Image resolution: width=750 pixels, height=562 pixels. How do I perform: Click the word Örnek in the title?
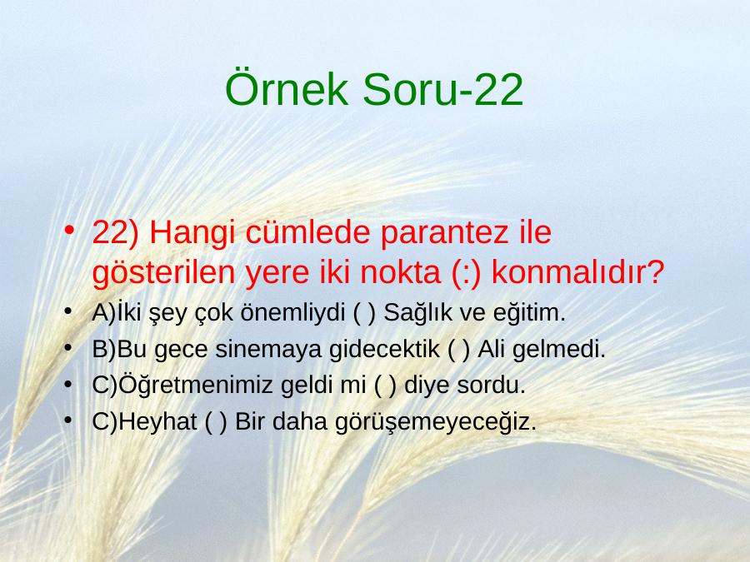click(x=286, y=88)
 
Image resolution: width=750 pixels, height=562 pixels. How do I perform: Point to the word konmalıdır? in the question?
click(x=577, y=271)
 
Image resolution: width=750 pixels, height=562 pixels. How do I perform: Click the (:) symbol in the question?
click(x=466, y=273)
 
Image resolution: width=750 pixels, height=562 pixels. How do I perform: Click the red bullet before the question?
click(x=69, y=231)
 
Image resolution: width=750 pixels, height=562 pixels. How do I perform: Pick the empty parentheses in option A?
click(x=364, y=313)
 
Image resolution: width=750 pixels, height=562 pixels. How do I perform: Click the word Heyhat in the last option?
click(x=157, y=422)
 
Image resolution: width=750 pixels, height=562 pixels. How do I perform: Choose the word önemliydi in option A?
click(x=292, y=314)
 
